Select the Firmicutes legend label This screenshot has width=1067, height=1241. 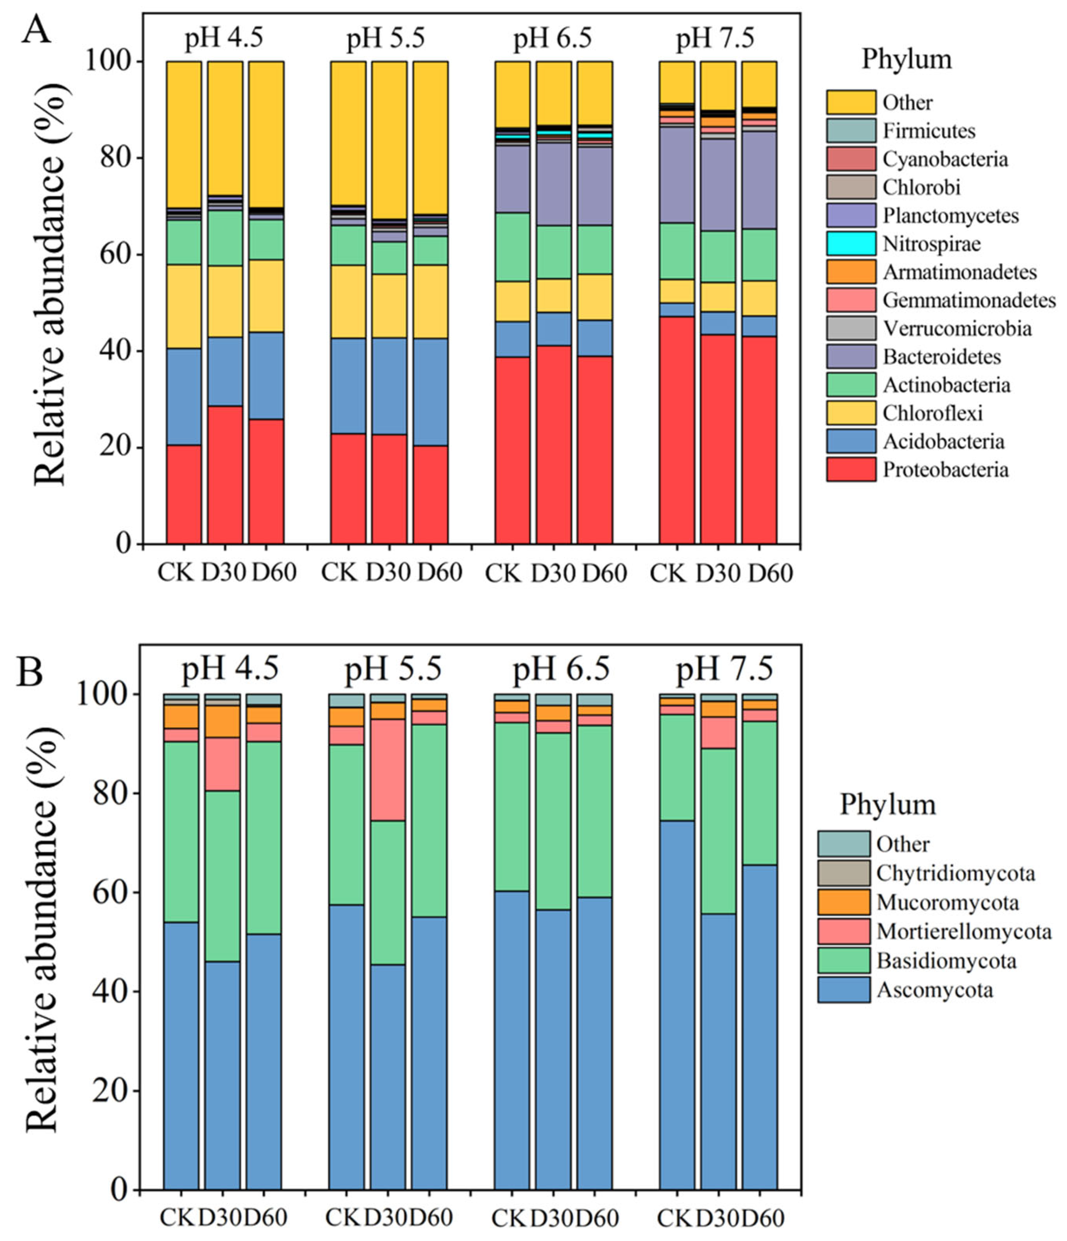pyautogui.click(x=929, y=130)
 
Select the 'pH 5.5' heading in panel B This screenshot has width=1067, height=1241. pyautogui.click(x=392, y=668)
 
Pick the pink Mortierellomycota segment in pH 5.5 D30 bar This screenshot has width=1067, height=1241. pyautogui.click(x=388, y=769)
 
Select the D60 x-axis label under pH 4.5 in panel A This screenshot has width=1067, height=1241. pyautogui.click(x=273, y=573)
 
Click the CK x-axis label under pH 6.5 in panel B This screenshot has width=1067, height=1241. pyautogui.click(x=509, y=1218)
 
